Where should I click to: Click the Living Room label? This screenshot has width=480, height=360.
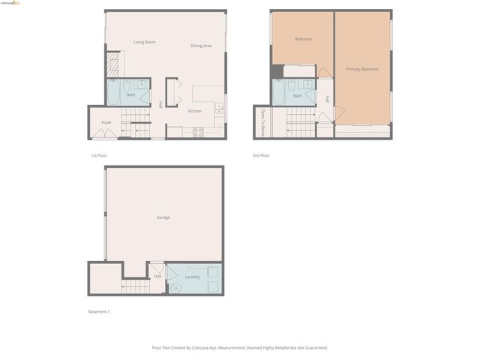pyautogui.click(x=145, y=42)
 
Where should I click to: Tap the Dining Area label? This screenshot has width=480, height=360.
pyautogui.click(x=201, y=46)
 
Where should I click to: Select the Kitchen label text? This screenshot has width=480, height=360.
pyautogui.click(x=195, y=111)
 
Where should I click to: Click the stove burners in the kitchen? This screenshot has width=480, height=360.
pyautogui.click(x=198, y=132)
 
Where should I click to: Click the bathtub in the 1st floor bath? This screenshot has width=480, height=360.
pyautogui.click(x=114, y=94)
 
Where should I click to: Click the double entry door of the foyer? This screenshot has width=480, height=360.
pyautogui.click(x=104, y=135)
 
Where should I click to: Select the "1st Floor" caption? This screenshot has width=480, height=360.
pyautogui.click(x=98, y=155)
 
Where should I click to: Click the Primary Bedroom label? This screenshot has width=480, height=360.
pyautogui.click(x=362, y=69)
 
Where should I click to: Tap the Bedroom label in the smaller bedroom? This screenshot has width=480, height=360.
pyautogui.click(x=303, y=39)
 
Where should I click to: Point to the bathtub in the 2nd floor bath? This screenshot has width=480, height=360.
pyautogui.click(x=278, y=94)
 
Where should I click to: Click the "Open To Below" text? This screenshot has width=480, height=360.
pyautogui.click(x=263, y=121)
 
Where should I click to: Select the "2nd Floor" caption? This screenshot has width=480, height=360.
pyautogui.click(x=261, y=155)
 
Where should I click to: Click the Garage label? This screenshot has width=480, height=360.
pyautogui.click(x=163, y=217)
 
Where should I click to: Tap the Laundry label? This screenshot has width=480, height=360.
pyautogui.click(x=193, y=277)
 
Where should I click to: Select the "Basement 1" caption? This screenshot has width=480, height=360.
pyautogui.click(x=100, y=311)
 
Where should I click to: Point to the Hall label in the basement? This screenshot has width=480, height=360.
pyautogui.click(x=157, y=277)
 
